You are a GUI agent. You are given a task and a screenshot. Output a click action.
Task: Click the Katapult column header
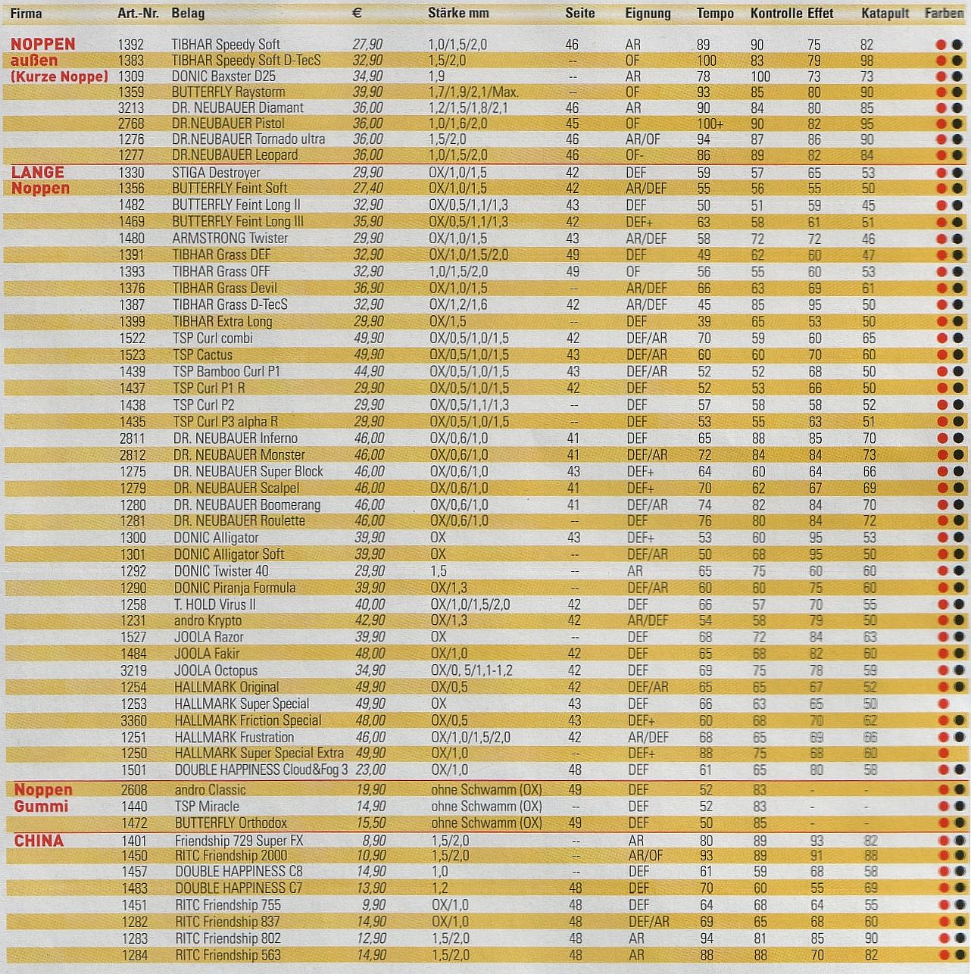pos(885,14)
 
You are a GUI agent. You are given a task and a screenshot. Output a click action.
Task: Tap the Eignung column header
pos(648,14)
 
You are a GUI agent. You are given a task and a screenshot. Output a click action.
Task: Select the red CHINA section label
pos(39,841)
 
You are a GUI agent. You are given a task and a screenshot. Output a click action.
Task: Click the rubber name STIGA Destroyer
pos(216,173)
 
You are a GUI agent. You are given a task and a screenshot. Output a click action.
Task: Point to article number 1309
pos(131,76)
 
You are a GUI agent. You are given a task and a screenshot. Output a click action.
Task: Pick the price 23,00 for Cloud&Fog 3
pos(370,770)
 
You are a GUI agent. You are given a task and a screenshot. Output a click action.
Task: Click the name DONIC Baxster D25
pos(223,76)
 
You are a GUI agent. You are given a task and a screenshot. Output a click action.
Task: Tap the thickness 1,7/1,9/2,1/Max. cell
pos(473,92)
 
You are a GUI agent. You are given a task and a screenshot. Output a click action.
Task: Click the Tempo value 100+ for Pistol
pos(710,123)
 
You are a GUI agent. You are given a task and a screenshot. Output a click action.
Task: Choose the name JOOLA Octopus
pos(216,671)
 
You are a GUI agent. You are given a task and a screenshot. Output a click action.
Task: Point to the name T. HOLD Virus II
pos(215,604)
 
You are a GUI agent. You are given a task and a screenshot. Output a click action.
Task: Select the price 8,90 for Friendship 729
pos(373,841)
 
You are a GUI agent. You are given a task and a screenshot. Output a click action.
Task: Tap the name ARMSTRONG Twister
pos(229,239)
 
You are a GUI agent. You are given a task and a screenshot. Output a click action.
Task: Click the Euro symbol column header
pos(357,14)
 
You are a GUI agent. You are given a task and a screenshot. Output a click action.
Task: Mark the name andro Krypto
pos(208,621)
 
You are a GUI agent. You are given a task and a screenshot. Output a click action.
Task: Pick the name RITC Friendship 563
pos(227,956)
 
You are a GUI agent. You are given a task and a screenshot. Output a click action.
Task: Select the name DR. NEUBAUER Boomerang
pos(246,505)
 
